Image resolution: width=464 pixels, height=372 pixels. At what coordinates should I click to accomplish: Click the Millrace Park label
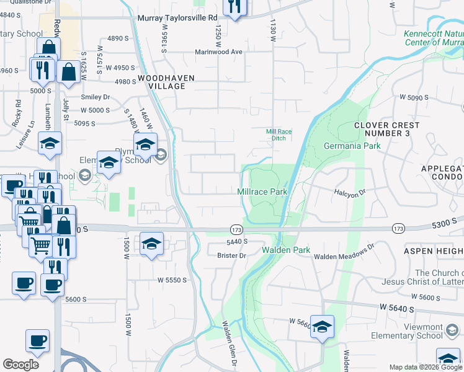click(x=262, y=192)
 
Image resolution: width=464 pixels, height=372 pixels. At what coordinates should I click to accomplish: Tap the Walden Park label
click(x=285, y=250)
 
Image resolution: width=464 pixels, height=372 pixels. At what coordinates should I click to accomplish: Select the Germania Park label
click(x=352, y=146)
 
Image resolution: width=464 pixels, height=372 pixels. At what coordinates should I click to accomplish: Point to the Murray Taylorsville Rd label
click(x=177, y=19)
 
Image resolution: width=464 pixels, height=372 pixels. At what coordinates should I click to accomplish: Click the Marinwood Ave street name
click(x=220, y=52)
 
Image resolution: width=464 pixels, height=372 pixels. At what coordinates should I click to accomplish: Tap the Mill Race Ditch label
click(x=279, y=135)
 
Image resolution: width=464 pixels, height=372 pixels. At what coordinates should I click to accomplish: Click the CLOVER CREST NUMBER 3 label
click(x=386, y=129)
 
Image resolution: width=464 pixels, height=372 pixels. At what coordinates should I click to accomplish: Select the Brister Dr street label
click(x=232, y=255)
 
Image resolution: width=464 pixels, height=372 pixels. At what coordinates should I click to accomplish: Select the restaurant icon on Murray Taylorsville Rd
click(x=235, y=7)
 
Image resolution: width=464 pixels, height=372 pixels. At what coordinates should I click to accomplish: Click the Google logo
click(x=20, y=365)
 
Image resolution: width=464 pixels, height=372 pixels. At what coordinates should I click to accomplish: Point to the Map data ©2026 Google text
click(x=425, y=367)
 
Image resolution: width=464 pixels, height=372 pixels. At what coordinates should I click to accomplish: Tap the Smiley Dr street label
click(x=95, y=97)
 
